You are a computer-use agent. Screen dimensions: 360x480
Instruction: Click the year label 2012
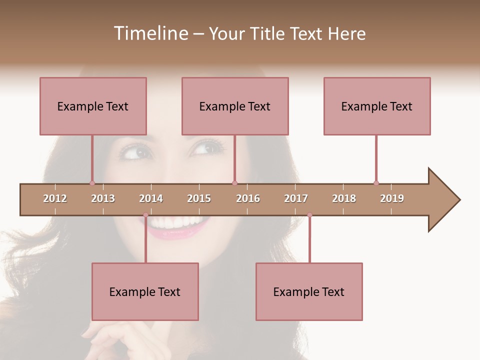pos(55,198)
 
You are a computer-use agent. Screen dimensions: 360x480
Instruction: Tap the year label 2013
pos(103,198)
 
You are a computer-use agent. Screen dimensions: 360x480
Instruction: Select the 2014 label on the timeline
pos(151,198)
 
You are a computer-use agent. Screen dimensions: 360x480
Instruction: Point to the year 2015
pos(199,198)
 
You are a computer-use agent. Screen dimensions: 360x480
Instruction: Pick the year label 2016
pos(248,198)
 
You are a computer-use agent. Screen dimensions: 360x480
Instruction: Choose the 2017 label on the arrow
pos(296,198)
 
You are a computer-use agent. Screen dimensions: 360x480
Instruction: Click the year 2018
pos(344,198)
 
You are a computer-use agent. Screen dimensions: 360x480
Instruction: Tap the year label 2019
pos(392,198)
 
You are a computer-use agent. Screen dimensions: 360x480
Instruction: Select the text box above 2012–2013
pos(93,106)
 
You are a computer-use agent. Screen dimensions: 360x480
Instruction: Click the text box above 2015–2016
pos(235,106)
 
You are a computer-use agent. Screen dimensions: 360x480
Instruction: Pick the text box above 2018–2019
pos(377,106)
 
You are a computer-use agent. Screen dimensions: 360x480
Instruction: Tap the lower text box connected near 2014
pos(145,291)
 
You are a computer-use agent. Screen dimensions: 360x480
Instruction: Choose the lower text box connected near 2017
pos(309,291)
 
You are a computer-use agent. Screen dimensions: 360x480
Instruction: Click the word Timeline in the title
pos(149,33)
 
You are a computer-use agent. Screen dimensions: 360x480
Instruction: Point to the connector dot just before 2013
pos(92,183)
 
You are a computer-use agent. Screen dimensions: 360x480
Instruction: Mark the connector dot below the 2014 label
pos(145,215)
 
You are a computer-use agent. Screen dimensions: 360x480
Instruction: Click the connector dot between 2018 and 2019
pos(376,183)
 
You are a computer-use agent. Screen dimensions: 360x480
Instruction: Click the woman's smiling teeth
pos(175,221)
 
